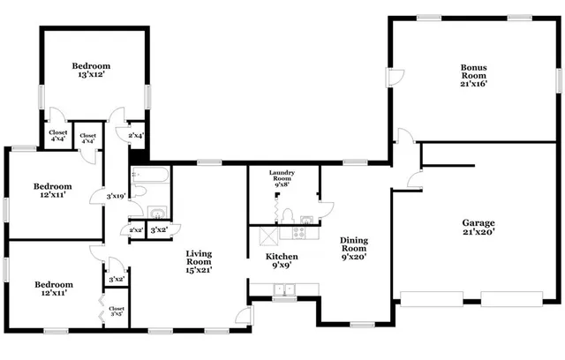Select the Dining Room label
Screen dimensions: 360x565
(x=353, y=249)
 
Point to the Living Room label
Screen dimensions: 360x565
(x=198, y=261)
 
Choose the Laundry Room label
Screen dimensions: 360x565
(x=282, y=179)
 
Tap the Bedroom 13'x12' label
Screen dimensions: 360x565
(x=91, y=71)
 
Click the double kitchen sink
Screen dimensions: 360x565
(x=284, y=289)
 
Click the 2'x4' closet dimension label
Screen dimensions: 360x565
(x=136, y=135)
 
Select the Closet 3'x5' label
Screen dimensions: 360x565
(x=117, y=311)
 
